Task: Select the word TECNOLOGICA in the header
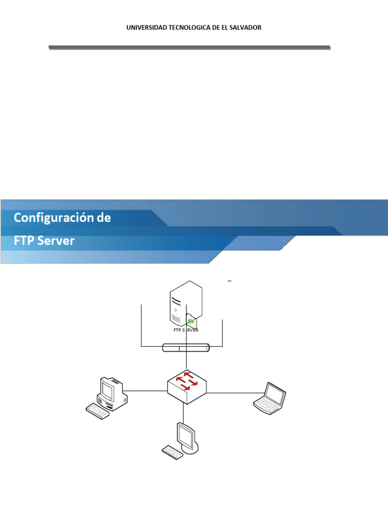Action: pyautogui.click(x=183, y=28)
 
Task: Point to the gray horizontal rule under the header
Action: pyautogui.click(x=189, y=47)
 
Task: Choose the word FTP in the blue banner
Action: pyautogui.click(x=24, y=241)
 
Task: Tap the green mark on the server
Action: pyautogui.click(x=190, y=321)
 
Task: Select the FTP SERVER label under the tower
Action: pyautogui.click(x=185, y=330)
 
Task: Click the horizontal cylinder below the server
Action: pyautogui.click(x=185, y=347)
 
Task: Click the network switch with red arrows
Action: pyautogui.click(x=187, y=386)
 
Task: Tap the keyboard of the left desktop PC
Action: pyautogui.click(x=98, y=410)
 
